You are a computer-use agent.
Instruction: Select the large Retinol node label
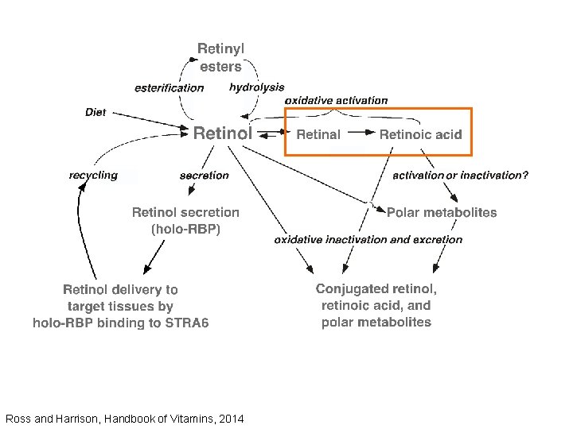223,133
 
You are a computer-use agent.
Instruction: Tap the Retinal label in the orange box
318,134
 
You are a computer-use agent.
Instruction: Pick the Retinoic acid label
420,134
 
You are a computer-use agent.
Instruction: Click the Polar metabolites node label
442,212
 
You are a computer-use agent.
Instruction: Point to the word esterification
169,88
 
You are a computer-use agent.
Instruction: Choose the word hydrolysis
256,87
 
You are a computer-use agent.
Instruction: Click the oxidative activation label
337,101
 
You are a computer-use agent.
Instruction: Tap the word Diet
95,113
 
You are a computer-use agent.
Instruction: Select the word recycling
93,175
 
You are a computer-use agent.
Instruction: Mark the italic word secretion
204,176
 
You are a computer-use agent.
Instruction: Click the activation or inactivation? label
460,176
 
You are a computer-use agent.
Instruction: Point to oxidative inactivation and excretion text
368,239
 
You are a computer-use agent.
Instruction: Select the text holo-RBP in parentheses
185,229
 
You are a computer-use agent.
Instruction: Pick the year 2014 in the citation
231,419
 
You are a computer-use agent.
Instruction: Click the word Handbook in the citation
108,419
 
